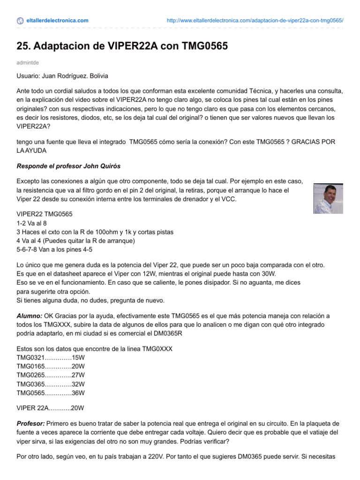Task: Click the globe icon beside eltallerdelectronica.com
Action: [x=20, y=21]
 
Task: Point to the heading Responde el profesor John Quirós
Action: [x=69, y=166]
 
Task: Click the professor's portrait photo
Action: [x=328, y=198]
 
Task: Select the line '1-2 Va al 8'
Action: [x=32, y=223]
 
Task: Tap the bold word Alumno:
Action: [x=29, y=316]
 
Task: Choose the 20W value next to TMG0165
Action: [x=78, y=366]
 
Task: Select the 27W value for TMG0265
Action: [x=78, y=375]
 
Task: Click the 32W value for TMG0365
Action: [x=78, y=384]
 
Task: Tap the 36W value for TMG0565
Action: [x=78, y=393]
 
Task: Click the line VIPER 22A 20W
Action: [x=50, y=408]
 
